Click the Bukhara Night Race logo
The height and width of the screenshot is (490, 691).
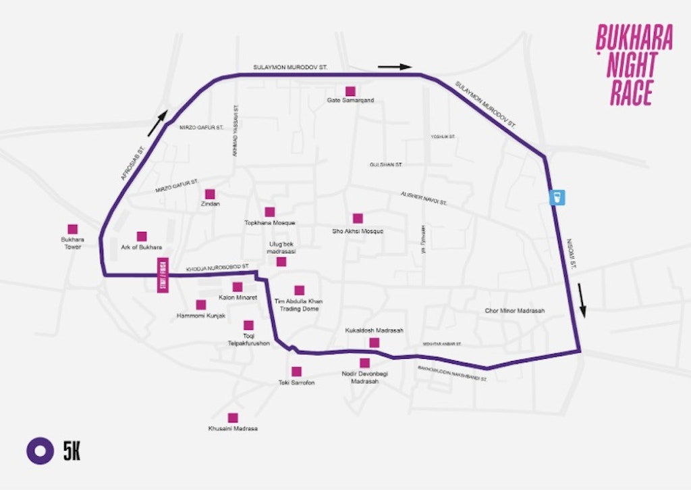634,65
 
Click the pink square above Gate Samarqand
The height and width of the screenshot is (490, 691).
350,91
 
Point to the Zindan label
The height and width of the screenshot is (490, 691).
211,203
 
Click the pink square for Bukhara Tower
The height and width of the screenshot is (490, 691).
72,229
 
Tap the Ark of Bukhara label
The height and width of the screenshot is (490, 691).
141,247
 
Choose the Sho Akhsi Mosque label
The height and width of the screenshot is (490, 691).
358,231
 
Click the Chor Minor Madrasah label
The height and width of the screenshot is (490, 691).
515,311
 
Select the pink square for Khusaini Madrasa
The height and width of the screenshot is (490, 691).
233,418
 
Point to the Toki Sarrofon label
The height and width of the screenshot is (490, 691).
296,383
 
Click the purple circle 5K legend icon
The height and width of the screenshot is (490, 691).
40,451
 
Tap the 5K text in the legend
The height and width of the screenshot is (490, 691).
72,451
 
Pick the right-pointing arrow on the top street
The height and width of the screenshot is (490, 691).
394,67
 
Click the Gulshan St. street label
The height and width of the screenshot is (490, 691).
386,164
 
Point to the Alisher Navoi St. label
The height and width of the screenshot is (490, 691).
424,198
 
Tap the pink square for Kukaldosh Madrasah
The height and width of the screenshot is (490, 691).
375,343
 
